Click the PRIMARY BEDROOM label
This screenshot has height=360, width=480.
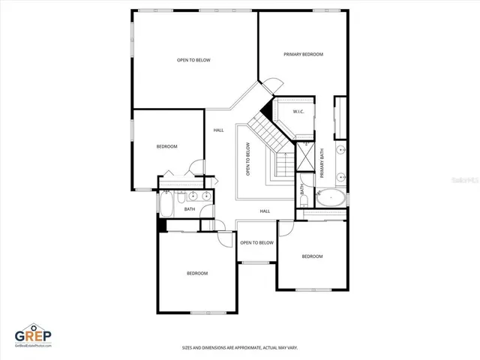click(303, 55)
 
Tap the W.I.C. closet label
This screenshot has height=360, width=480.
click(298, 112)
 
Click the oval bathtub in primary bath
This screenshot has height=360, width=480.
click(330, 199)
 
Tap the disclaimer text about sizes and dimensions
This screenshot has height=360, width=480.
click(240, 347)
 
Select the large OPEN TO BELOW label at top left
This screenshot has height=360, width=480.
click(193, 60)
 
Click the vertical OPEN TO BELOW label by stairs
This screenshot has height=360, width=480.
click(247, 159)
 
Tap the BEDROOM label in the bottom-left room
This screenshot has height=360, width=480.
click(197, 273)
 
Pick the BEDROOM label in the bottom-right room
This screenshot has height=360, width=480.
click(312, 256)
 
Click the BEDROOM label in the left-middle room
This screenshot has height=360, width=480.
click(166, 146)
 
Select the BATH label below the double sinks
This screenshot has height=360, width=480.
click(190, 209)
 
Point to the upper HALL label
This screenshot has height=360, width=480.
click(218, 130)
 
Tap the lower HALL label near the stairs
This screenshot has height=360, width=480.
click(265, 211)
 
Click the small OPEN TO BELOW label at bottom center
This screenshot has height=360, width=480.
click(256, 242)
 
